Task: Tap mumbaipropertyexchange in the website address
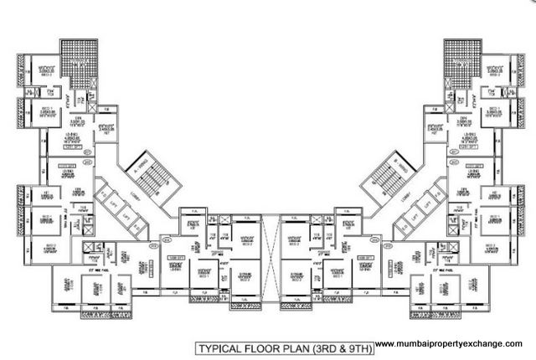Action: (x=452, y=344)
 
